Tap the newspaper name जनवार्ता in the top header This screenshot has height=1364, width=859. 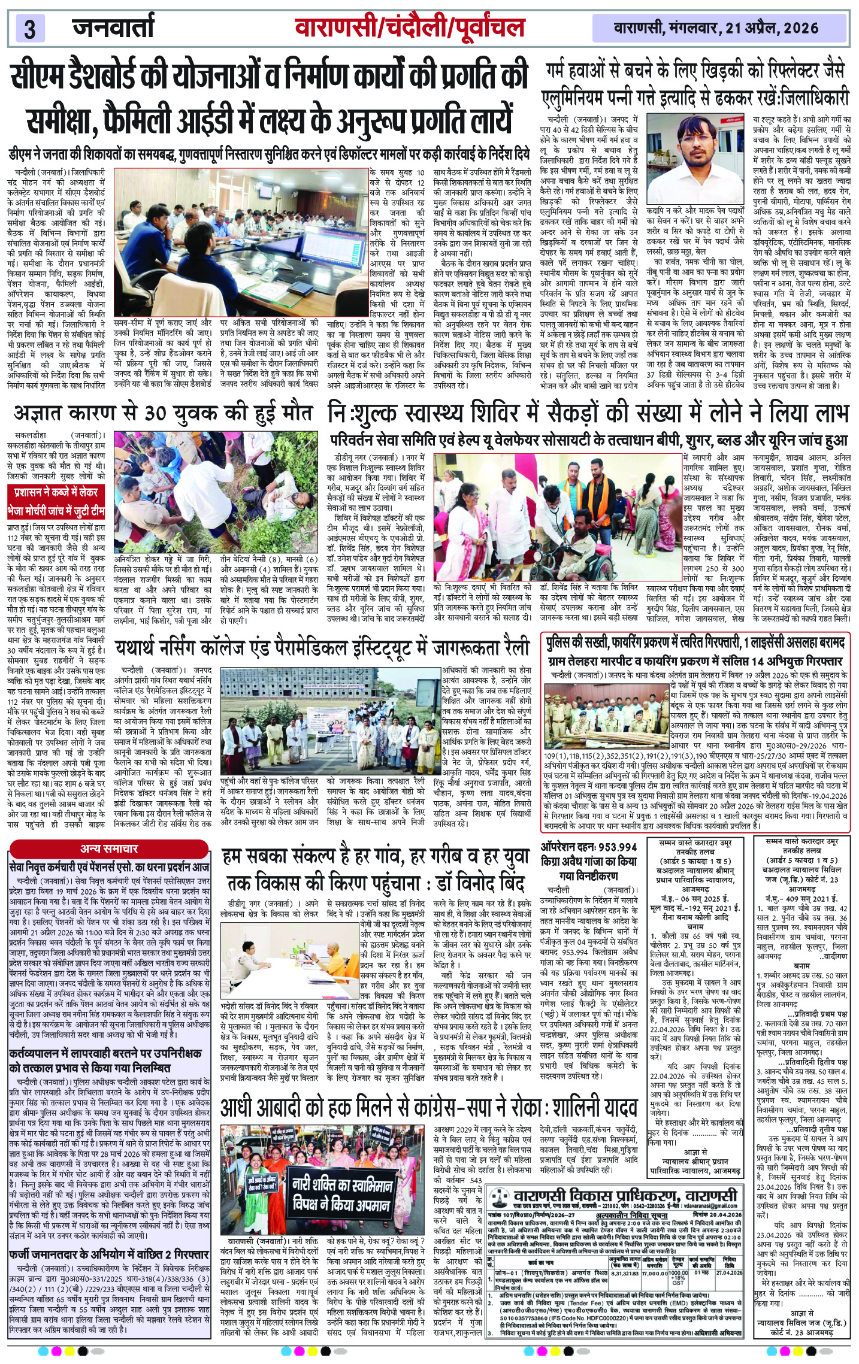(x=113, y=27)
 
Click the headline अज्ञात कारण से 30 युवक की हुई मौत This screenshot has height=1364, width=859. (x=162, y=414)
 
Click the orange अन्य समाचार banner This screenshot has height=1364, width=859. (x=109, y=848)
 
